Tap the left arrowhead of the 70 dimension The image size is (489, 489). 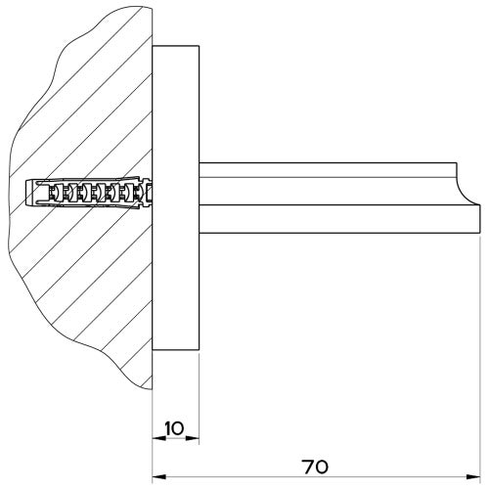click(156, 478)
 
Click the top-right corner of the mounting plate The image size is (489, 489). click(199, 45)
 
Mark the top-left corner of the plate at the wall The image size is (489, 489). click(153, 45)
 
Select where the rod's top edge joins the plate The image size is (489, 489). click(200, 163)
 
